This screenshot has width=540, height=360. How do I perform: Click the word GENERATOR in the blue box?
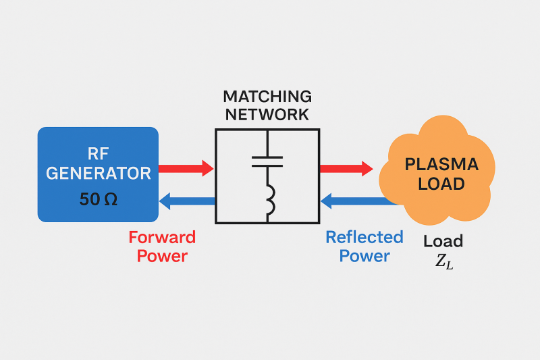(x=99, y=174)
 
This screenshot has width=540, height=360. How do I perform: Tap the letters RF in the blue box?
(x=98, y=154)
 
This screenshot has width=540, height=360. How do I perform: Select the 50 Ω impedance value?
(x=99, y=199)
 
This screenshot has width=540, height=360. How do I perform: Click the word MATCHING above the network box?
(x=267, y=97)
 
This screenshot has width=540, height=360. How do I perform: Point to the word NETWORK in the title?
(x=267, y=115)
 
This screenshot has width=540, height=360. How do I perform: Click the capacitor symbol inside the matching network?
(x=267, y=161)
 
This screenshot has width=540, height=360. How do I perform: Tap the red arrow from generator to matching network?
(x=186, y=168)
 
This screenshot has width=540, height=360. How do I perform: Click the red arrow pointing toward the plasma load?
(x=346, y=168)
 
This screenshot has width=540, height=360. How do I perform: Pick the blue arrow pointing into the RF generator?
(x=188, y=201)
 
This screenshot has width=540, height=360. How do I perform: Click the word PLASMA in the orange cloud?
(x=441, y=164)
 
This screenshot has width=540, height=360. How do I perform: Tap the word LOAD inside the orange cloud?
(x=441, y=184)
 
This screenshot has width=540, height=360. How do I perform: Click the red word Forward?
(x=162, y=237)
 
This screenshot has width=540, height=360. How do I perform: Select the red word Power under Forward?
(x=162, y=256)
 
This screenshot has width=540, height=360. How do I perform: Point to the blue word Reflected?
(x=364, y=237)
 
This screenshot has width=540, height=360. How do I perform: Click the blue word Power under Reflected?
(x=364, y=256)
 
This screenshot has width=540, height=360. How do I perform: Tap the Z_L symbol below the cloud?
(x=444, y=262)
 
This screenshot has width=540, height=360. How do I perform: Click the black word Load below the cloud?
(x=443, y=241)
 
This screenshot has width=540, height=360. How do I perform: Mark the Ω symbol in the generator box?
(x=111, y=199)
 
